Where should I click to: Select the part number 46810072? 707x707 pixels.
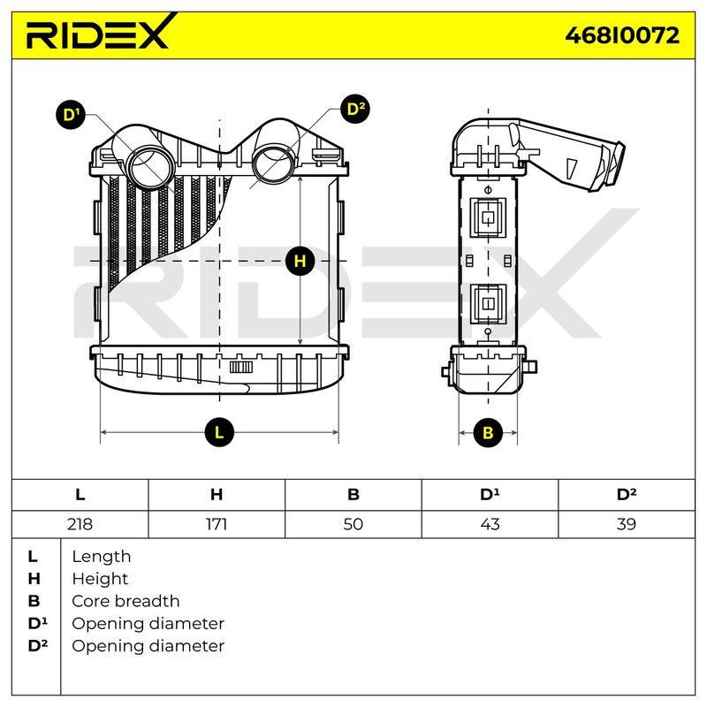[x=622, y=35]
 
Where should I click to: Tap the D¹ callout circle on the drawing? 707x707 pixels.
[x=71, y=115]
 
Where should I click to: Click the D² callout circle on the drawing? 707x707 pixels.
[x=355, y=109]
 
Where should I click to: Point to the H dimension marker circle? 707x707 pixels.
[x=300, y=261]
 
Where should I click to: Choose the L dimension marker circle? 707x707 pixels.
[x=219, y=432]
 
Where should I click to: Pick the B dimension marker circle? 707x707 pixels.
[x=488, y=432]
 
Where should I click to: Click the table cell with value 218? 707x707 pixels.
[x=80, y=524]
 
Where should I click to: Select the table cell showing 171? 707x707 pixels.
[x=217, y=524]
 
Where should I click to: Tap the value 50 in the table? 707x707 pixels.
[x=353, y=524]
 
